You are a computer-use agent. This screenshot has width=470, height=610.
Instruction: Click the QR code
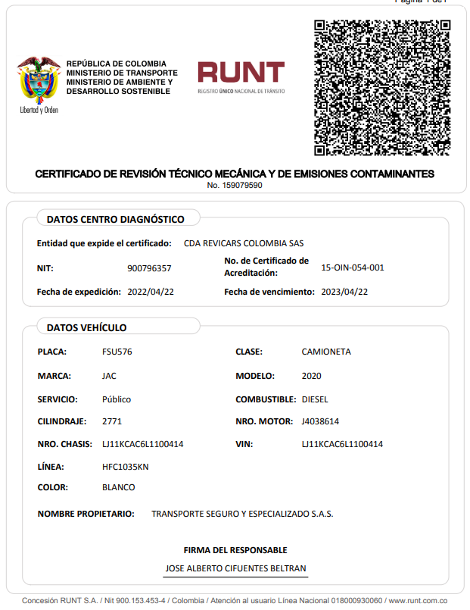[382, 86]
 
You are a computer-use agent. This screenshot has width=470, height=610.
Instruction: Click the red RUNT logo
[241, 73]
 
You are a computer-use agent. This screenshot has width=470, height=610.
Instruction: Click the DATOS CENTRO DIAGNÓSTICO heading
[115, 220]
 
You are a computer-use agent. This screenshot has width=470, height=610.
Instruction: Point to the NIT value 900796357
[149, 268]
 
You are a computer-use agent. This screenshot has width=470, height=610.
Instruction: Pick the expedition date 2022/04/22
[151, 292]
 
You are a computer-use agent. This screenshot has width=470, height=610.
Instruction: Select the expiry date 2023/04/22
[344, 292]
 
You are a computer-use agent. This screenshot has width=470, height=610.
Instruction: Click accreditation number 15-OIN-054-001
[353, 267]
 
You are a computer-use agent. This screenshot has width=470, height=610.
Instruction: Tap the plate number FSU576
[117, 352]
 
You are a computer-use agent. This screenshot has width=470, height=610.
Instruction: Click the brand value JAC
[109, 376]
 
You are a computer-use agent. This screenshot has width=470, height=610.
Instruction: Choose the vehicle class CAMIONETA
[326, 352]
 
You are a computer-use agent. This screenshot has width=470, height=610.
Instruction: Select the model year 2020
[311, 376]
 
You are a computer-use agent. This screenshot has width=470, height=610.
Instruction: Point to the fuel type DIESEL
[315, 399]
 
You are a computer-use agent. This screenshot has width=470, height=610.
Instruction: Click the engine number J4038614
[320, 421]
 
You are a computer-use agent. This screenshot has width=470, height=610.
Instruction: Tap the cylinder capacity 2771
[112, 421]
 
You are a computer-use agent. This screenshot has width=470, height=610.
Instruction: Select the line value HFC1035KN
[126, 467]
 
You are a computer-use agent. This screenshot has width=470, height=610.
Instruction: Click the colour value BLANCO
[119, 487]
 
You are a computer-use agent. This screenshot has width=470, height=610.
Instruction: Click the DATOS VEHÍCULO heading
[86, 328]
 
